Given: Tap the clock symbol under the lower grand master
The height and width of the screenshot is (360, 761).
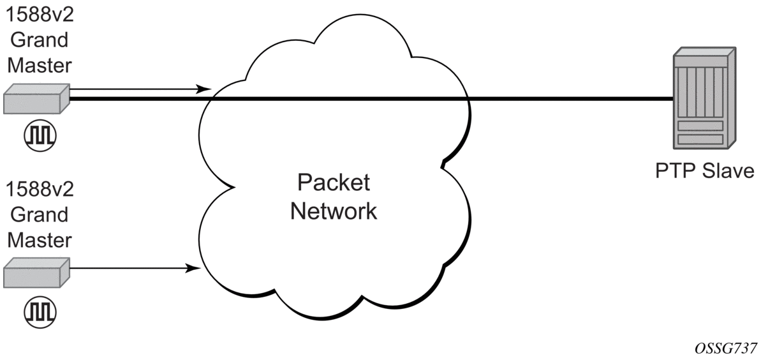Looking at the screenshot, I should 40,311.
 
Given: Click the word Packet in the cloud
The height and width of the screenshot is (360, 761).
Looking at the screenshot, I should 333,183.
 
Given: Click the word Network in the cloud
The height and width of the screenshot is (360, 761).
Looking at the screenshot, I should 333,211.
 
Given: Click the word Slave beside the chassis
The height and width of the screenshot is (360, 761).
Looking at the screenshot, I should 728,172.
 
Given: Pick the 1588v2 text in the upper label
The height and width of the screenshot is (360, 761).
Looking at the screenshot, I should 39,15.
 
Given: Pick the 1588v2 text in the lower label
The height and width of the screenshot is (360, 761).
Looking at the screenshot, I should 39,190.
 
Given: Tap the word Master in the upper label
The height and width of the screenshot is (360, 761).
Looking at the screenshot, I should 39,66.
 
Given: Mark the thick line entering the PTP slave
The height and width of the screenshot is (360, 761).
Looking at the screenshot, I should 574,99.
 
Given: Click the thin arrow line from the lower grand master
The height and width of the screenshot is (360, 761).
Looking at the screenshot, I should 128,269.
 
